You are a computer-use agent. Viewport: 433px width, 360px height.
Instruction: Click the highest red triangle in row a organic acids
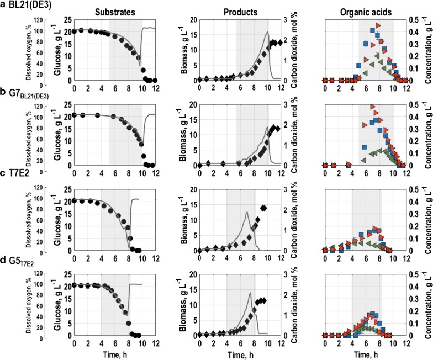(x=378, y=25)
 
